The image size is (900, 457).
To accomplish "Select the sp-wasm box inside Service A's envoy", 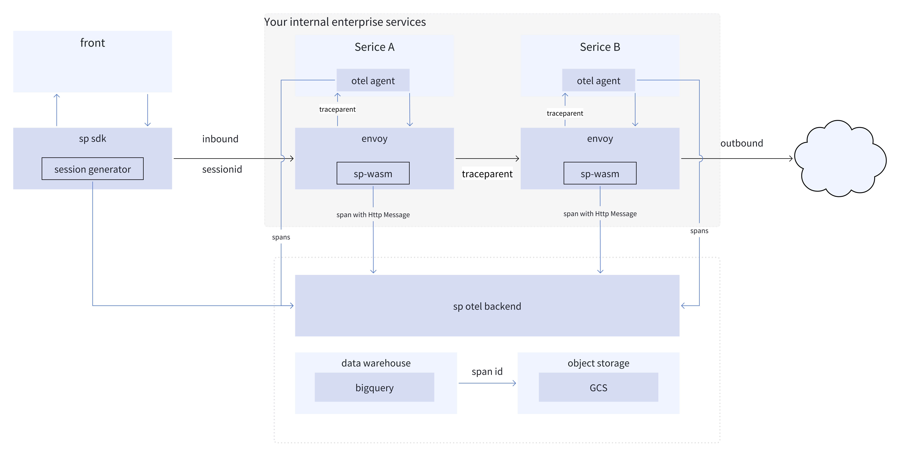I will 373,173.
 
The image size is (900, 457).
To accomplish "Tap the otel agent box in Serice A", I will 373,80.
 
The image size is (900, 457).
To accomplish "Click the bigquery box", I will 374,387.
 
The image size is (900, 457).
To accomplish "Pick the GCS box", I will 598,387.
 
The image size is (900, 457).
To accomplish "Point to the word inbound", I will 220,139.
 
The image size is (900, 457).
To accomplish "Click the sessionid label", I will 222,169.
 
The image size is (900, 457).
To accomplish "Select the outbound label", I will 741,143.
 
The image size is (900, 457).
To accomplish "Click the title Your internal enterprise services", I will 345,22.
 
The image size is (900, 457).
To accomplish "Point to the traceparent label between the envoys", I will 487,174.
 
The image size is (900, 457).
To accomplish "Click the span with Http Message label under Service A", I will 373,215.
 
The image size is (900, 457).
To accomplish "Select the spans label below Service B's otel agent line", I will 699,231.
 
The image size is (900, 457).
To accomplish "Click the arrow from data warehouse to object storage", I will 487,383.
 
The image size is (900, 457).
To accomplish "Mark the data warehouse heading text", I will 376,363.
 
